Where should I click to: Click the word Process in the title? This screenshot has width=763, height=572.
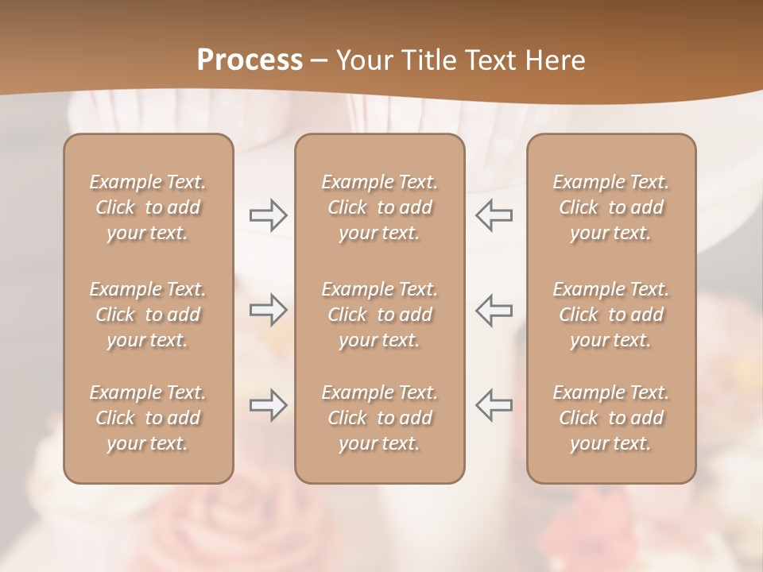(x=250, y=60)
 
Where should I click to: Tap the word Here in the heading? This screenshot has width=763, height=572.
(x=556, y=60)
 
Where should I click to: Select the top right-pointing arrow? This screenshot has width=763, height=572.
(x=268, y=214)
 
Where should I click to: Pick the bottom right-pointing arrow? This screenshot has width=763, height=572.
(x=268, y=405)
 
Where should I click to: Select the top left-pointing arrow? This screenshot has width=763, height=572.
(x=494, y=214)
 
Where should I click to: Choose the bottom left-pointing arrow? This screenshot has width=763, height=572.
(x=494, y=405)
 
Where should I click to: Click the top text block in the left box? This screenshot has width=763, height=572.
(x=148, y=207)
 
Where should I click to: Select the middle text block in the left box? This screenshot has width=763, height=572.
(x=148, y=315)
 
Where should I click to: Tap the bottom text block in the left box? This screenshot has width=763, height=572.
(x=148, y=418)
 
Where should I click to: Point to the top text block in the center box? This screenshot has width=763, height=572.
(x=380, y=207)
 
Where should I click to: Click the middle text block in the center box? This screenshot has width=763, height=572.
(x=380, y=315)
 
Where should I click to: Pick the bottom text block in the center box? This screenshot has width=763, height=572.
(x=380, y=418)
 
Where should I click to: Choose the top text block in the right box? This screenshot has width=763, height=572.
(x=611, y=207)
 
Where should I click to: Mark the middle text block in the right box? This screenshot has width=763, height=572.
(x=611, y=315)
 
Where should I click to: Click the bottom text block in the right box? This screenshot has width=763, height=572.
(x=611, y=418)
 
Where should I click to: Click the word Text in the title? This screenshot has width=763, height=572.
(x=493, y=60)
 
